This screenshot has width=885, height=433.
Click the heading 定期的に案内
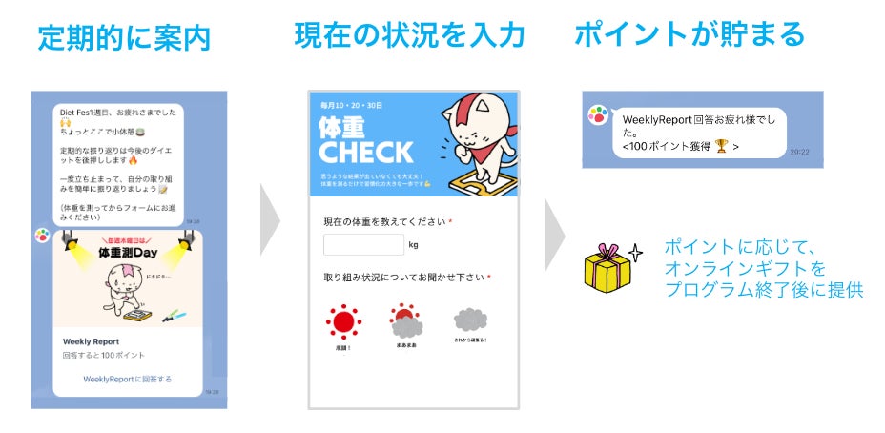click(124, 38)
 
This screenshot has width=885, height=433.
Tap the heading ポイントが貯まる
click(689, 35)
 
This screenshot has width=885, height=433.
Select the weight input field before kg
click(363, 244)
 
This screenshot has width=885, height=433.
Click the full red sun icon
click(342, 322)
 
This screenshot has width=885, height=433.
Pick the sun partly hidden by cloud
click(405, 322)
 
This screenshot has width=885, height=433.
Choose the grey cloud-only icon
click(470, 320)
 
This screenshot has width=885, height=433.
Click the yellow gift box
click(607, 270)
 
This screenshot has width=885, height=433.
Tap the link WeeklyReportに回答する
click(127, 379)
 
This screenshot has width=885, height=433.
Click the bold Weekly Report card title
click(92, 340)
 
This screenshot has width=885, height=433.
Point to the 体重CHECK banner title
click(366, 139)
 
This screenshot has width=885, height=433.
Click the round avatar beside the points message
click(598, 115)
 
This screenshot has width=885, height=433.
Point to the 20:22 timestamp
click(799, 151)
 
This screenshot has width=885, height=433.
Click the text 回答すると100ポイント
click(104, 355)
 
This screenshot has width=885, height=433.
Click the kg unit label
click(413, 245)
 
